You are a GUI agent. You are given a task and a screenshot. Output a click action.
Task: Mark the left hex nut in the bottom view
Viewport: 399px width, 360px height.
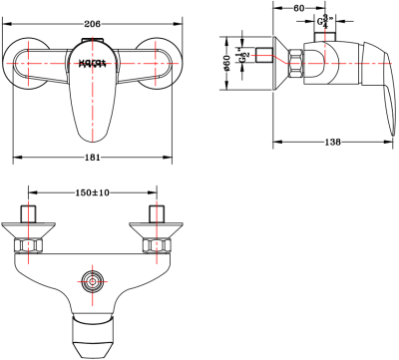click(31, 243)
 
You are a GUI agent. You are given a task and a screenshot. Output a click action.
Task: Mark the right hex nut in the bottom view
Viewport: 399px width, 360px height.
click(156, 243)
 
